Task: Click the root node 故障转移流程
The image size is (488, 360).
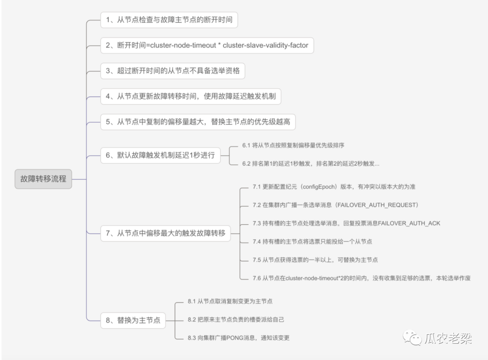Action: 43,179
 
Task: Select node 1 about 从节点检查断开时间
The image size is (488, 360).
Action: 169,20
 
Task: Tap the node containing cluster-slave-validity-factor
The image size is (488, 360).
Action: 207,45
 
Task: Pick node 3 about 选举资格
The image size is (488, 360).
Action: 173,71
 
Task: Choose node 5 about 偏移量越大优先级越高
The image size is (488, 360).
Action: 198,122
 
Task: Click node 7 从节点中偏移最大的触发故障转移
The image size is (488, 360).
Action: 165,233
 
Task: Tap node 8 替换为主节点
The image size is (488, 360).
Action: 133,320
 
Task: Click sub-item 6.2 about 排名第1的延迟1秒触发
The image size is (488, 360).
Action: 311,164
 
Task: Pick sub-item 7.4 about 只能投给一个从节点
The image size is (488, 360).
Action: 312,242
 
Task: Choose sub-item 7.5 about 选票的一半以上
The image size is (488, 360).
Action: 315,260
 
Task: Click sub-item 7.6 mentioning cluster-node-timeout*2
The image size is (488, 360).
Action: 361,278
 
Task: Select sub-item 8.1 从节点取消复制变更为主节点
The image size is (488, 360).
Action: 230,301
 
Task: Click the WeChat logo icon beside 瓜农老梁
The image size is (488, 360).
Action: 412,337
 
